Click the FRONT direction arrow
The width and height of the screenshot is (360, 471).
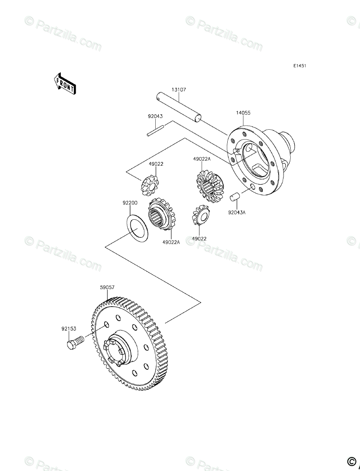pyautogui.click(x=65, y=84)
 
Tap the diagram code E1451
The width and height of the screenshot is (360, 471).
pyautogui.click(x=300, y=66)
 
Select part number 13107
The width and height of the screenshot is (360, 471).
pyautogui.click(x=178, y=90)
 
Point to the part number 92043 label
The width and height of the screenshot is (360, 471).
pyautogui.click(x=155, y=116)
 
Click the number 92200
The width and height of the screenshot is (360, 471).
pyautogui.click(x=130, y=203)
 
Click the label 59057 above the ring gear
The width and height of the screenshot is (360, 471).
pyautogui.click(x=107, y=286)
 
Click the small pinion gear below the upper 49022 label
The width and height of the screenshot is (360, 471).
pyautogui.click(x=150, y=184)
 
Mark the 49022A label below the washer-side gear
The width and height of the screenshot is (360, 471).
pyautogui.click(x=171, y=242)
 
